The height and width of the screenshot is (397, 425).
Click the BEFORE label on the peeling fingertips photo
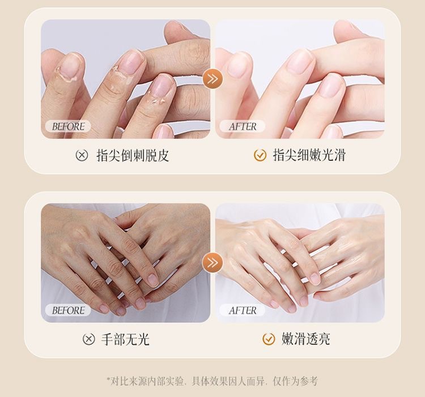click(x=68, y=126)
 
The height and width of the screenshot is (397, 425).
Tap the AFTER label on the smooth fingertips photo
click(x=242, y=126)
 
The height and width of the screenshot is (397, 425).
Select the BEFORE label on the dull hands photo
click(x=68, y=310)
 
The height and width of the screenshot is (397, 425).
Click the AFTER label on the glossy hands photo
click(x=242, y=310)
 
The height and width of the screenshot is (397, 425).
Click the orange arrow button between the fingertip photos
click(x=212, y=79)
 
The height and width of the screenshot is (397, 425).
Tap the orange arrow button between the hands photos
click(x=212, y=262)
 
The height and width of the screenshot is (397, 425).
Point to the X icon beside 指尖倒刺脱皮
click(x=82, y=155)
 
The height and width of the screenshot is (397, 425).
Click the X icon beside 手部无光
click(x=88, y=339)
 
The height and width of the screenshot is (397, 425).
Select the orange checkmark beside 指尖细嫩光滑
click(x=260, y=155)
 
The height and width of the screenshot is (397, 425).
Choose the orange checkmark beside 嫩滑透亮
click(x=269, y=339)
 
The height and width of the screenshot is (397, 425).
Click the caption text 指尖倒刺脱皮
click(x=133, y=155)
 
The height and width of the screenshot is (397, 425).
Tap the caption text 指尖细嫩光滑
click(x=309, y=155)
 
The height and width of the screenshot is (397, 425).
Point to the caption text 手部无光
click(x=125, y=339)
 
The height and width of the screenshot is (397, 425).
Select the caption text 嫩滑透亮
click(x=306, y=339)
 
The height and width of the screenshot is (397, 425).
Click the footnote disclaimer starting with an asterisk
click(x=212, y=381)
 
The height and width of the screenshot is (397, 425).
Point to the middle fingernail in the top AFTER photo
click(x=300, y=62)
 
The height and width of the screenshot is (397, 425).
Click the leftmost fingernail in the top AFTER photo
click(x=237, y=65)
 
